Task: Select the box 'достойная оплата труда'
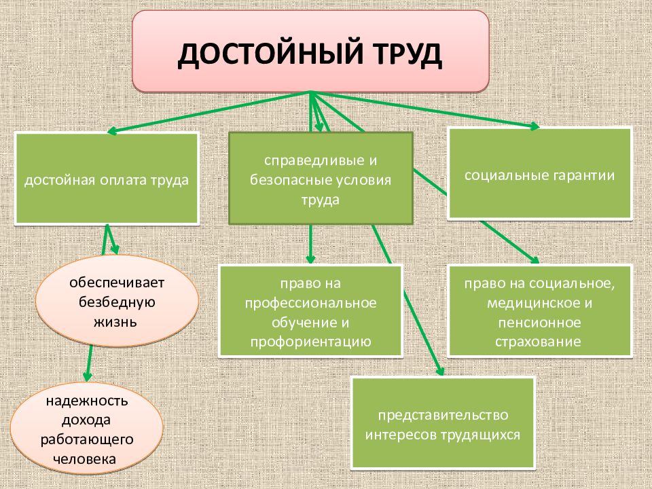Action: tap(107, 180)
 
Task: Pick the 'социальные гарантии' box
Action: tap(540, 175)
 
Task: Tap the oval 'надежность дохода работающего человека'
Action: tap(87, 430)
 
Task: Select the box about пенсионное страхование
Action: tap(540, 312)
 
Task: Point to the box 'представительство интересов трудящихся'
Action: tap(443, 423)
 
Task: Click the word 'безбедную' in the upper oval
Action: tap(117, 302)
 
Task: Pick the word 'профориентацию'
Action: tap(310, 341)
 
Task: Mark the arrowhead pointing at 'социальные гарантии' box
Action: tap(535, 126)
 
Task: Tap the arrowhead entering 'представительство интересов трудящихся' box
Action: tap(440, 372)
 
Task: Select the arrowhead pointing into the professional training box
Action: tap(310, 259)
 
